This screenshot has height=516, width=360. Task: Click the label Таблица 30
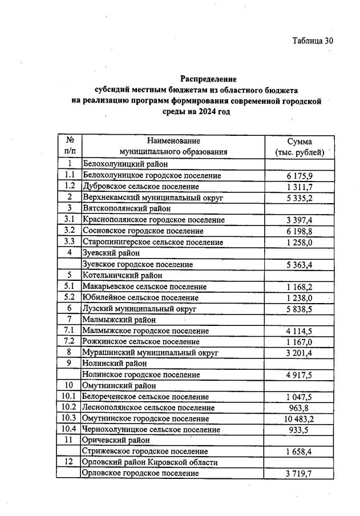coord(312,41)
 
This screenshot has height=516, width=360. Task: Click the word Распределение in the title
coord(208,79)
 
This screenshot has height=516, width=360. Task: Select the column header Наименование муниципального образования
coord(173,146)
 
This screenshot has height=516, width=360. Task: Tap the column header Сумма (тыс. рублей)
coord(300,146)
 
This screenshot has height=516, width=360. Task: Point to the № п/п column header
coord(70,146)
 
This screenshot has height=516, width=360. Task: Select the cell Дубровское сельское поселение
coord(141,186)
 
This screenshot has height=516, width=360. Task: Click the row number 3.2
coord(70,231)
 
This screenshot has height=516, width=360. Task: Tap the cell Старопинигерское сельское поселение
coord(153,242)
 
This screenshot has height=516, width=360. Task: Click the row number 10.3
coord(70,418)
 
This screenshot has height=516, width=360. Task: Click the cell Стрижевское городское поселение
coord(145,451)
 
